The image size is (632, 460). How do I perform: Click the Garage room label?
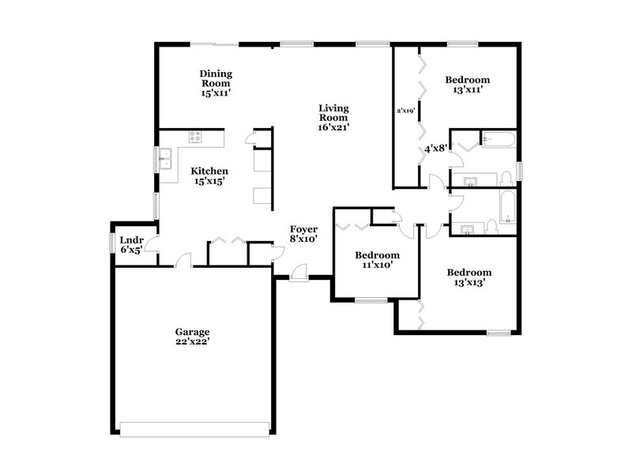coord(192,337)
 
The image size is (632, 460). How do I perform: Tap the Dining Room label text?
coord(215,82)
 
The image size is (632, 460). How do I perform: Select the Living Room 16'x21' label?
coord(333,117)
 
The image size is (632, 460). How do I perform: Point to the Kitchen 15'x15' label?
coord(209,176)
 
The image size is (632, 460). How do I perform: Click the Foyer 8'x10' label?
coord(303,233)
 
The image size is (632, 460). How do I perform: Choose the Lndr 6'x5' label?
coord(130,244)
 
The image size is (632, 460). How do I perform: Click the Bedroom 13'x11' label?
coord(467,85)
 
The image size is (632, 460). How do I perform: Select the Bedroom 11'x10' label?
coord(376,260)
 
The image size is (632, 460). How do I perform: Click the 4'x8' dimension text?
coord(436,148)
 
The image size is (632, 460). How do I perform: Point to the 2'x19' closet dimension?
coord(406,111)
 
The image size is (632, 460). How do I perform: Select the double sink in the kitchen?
coord(166,161)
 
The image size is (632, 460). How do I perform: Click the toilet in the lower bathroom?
coord(491,227)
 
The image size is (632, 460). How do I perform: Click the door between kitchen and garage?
coord(183,260)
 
